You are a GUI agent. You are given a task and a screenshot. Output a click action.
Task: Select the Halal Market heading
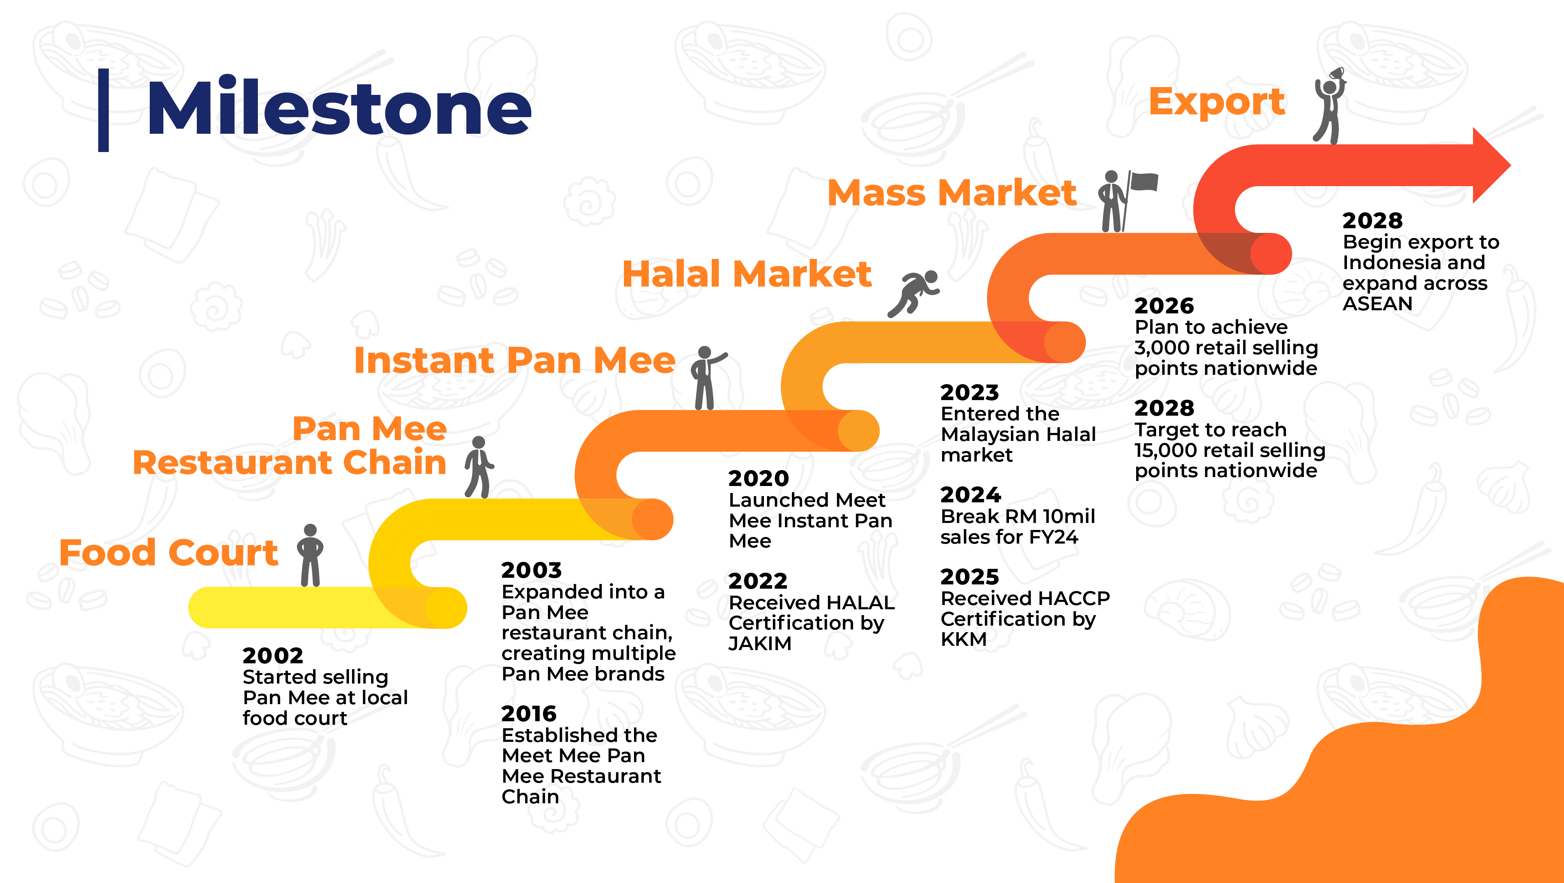tap(747, 274)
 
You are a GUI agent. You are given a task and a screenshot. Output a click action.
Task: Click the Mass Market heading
tap(951, 193)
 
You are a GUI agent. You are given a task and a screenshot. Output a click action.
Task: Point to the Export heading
tap(1217, 102)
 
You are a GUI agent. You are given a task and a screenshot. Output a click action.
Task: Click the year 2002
tap(273, 656)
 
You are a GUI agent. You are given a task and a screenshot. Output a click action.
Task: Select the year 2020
tap(759, 478)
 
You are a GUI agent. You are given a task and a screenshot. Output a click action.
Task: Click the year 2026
tap(1164, 305)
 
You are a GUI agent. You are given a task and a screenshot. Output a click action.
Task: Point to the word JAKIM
tap(760, 643)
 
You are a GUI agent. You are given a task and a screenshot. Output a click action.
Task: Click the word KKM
tap(963, 639)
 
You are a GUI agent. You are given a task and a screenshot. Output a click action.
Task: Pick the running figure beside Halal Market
tap(914, 294)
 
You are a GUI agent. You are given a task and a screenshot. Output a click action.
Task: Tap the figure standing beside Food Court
tap(310, 555)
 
